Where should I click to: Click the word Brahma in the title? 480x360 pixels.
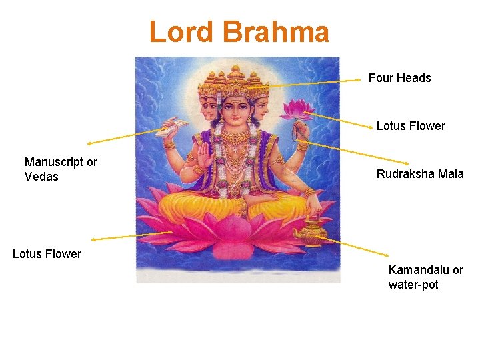(275, 32)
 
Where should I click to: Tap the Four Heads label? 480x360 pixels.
(399, 78)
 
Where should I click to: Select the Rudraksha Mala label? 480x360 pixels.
(419, 174)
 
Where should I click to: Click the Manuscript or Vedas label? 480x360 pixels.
(61, 169)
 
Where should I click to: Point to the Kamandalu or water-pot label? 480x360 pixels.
(425, 277)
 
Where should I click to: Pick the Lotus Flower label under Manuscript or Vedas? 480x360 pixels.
(47, 254)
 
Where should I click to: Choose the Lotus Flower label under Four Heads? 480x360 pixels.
(411, 126)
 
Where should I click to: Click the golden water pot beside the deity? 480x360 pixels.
(310, 231)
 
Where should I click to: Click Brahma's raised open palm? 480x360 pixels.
(203, 157)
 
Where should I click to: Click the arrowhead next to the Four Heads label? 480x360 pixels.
(360, 79)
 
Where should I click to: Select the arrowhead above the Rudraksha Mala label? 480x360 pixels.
(409, 163)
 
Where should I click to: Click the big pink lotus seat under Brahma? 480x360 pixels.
(237, 233)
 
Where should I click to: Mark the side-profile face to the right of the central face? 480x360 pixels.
(261, 107)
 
